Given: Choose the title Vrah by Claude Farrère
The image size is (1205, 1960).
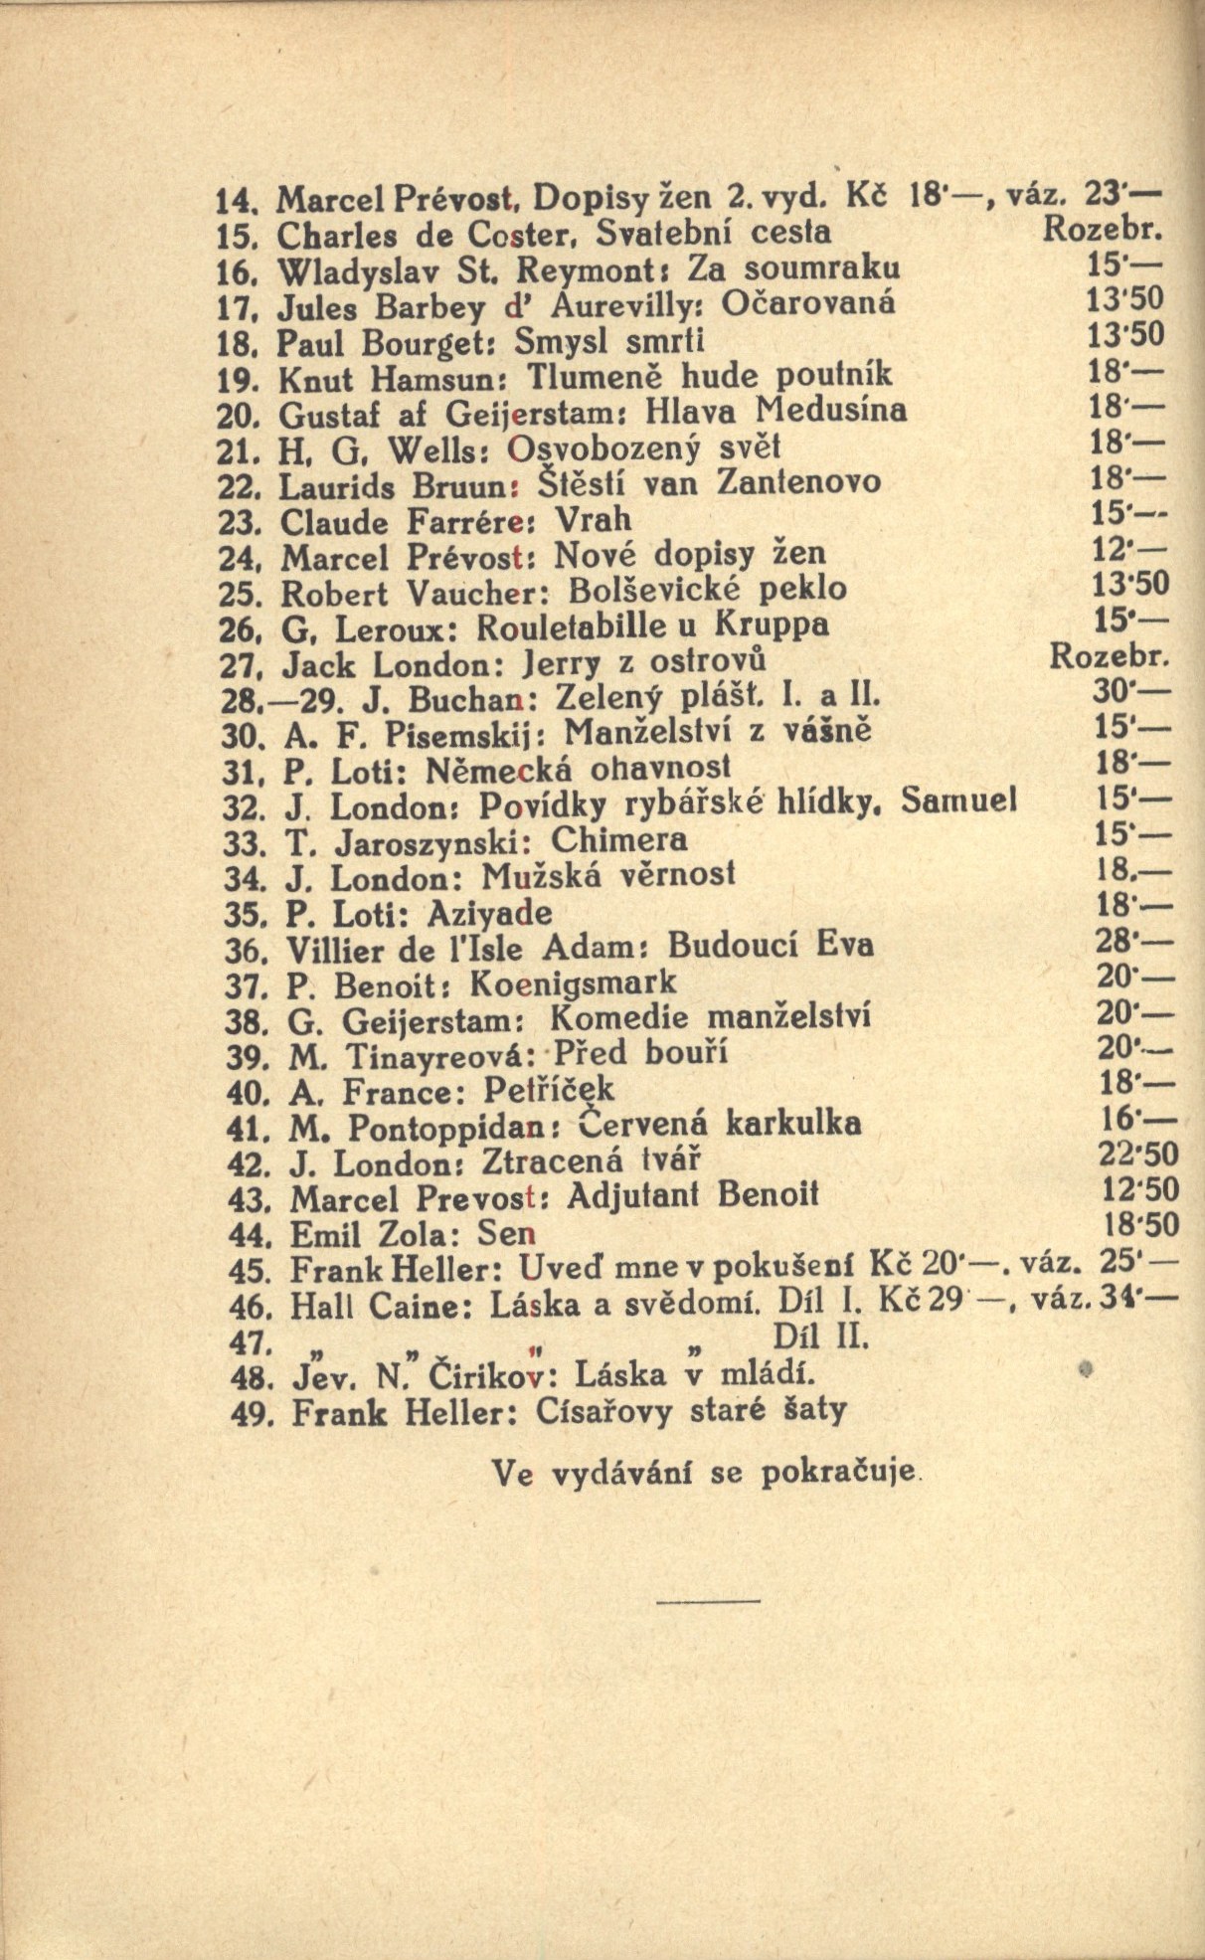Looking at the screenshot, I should pyautogui.click(x=593, y=519).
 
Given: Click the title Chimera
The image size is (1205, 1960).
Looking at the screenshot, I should pyautogui.click(x=618, y=840).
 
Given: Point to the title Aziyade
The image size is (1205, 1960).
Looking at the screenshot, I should pyautogui.click(x=489, y=912).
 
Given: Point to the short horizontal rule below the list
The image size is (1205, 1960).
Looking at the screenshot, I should pyautogui.click(x=709, y=1599).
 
